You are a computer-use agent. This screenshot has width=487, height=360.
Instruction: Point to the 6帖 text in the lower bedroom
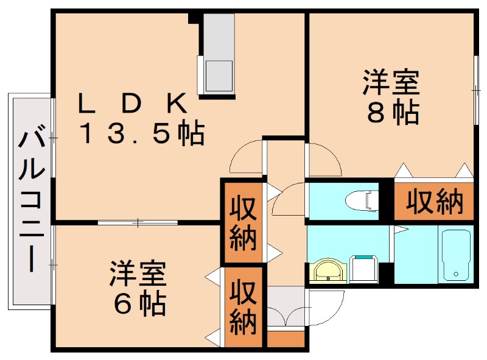point(139,303)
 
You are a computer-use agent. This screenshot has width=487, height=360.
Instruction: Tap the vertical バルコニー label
point(31,201)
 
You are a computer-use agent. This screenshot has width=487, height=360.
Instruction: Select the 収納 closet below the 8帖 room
point(434,201)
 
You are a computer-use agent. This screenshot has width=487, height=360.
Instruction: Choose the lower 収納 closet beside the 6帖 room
point(242,306)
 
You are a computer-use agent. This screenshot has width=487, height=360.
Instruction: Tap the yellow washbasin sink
point(328,272)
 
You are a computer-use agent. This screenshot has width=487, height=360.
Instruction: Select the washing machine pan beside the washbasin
point(366,268)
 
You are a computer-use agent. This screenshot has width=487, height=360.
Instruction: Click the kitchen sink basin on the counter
point(218,76)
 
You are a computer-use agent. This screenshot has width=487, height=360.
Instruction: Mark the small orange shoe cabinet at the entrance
point(285,339)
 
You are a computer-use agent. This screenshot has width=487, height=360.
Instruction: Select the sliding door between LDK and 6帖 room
point(138,223)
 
